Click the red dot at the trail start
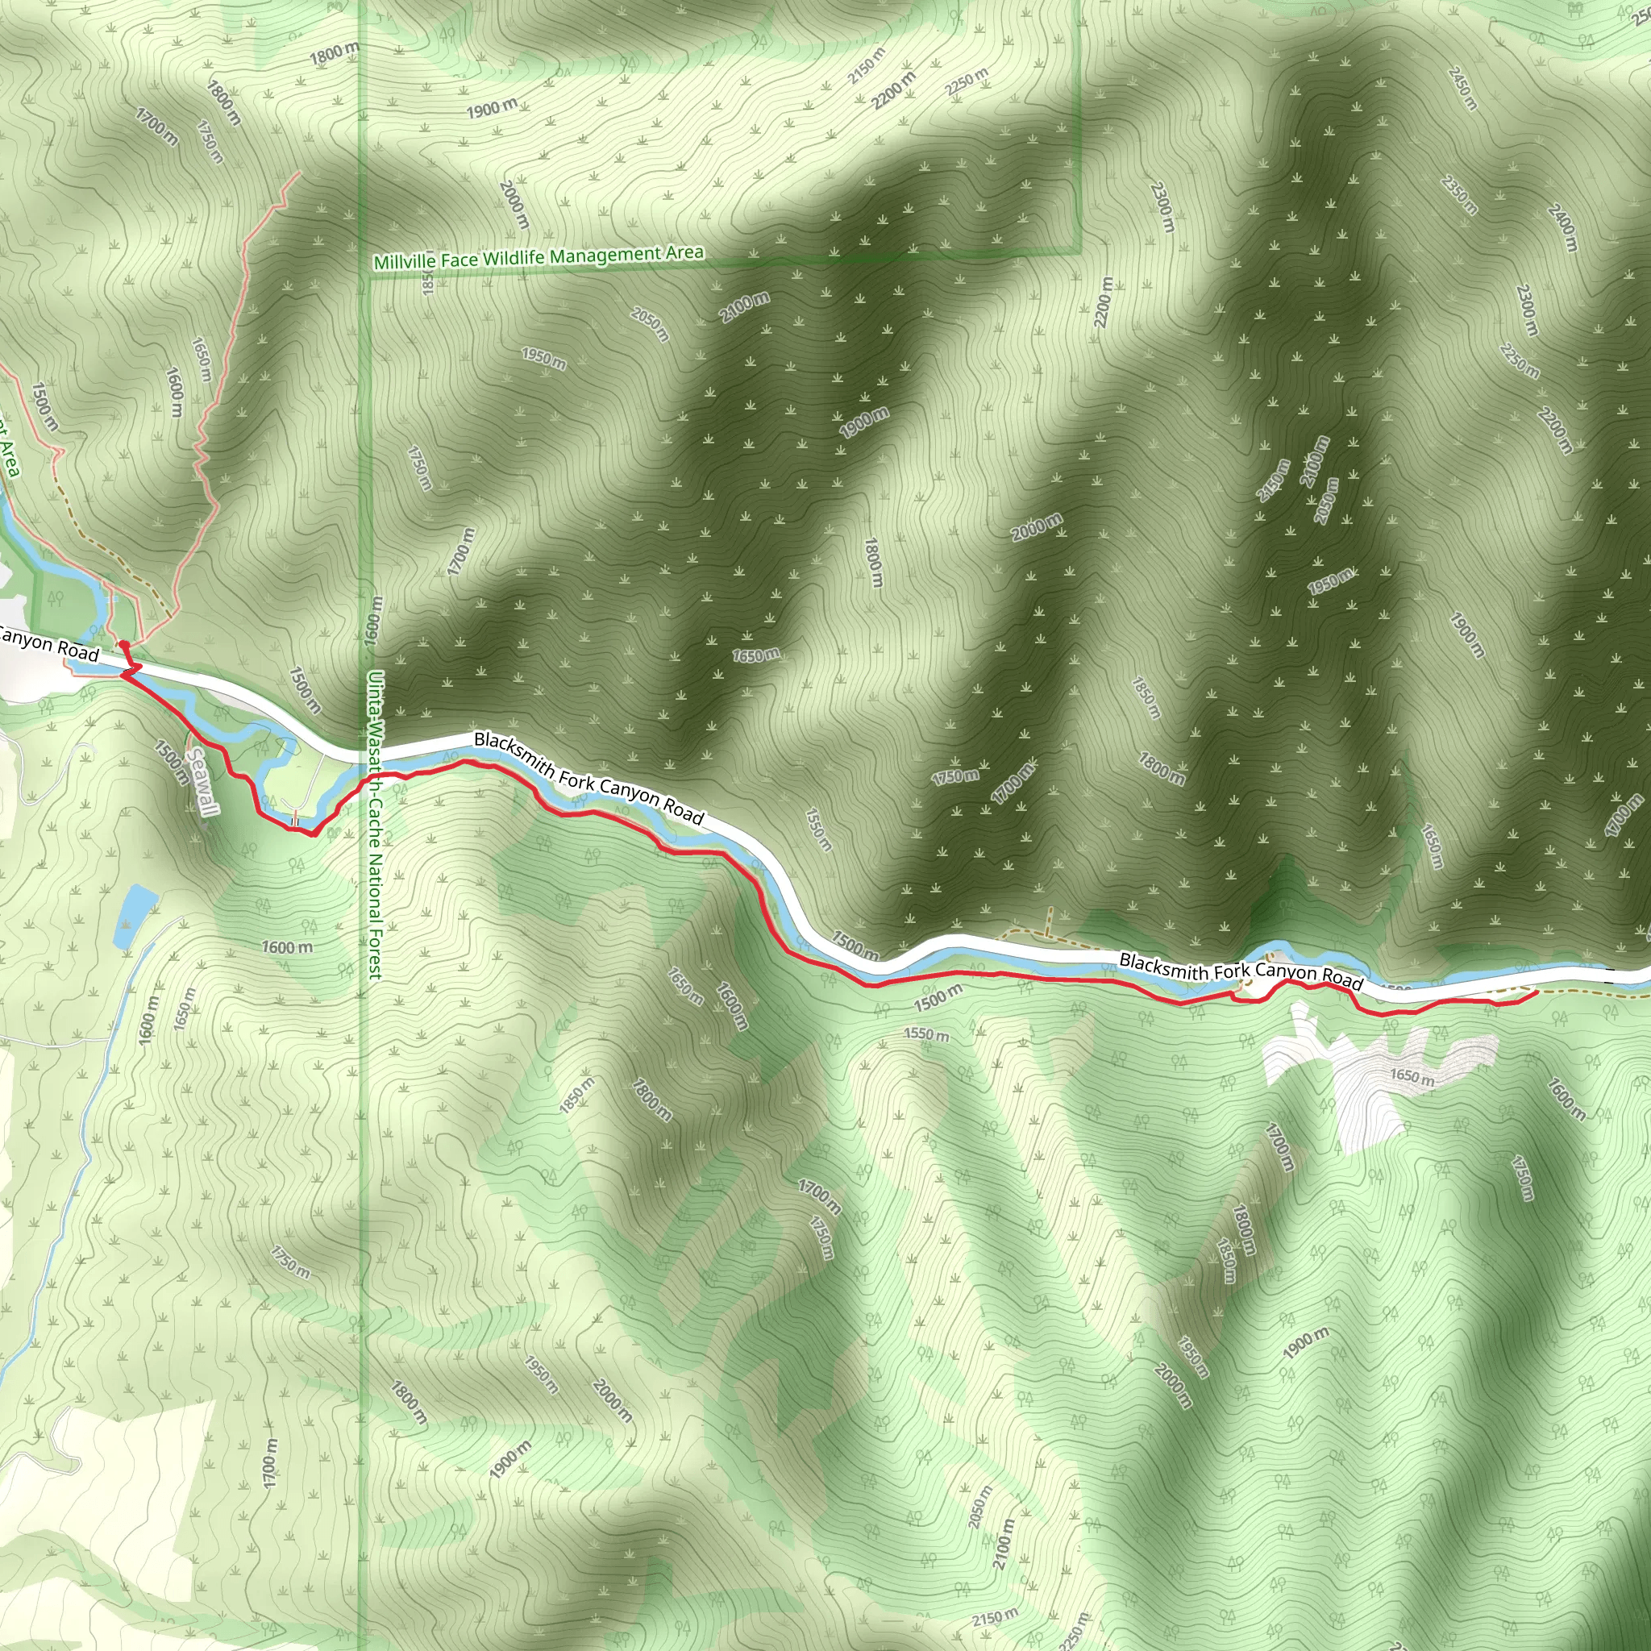click(124, 645)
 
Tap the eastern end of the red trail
click(1537, 992)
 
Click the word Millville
click(404, 261)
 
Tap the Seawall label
click(202, 782)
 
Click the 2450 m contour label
click(1462, 89)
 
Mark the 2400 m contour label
click(1562, 228)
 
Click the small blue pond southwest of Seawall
click(135, 914)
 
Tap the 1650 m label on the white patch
click(1412, 1077)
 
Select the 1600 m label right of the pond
click(287, 947)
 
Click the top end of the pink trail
click(300, 173)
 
